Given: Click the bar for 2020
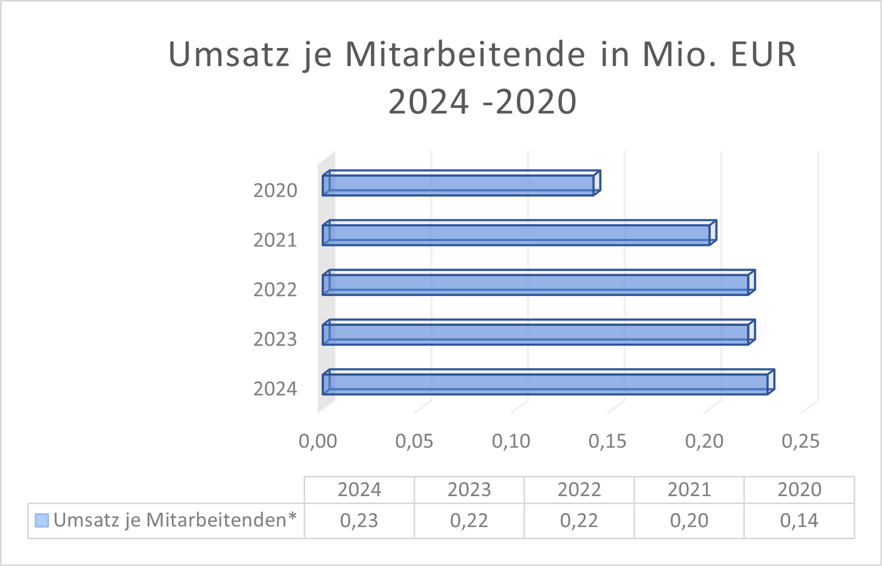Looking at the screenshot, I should (x=459, y=185).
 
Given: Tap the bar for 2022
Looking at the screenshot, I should (x=536, y=284).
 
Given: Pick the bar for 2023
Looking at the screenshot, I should (x=536, y=334).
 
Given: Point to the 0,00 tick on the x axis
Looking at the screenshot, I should (x=318, y=441).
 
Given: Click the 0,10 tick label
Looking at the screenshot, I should (x=511, y=441).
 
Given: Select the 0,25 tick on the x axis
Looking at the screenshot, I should (x=800, y=441).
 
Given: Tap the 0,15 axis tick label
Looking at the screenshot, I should (x=608, y=441).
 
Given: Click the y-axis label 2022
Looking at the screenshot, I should (x=275, y=290).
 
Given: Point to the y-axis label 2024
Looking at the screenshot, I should (x=275, y=389).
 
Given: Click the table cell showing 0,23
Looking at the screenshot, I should (x=359, y=521).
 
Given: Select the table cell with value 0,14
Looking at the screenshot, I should (x=799, y=521).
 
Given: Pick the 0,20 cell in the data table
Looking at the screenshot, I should (x=689, y=521).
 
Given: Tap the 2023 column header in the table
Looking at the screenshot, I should (x=469, y=490).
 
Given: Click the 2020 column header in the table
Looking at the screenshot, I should (x=799, y=490).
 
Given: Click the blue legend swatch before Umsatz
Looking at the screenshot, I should (x=42, y=520).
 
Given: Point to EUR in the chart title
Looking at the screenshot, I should (x=763, y=54).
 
